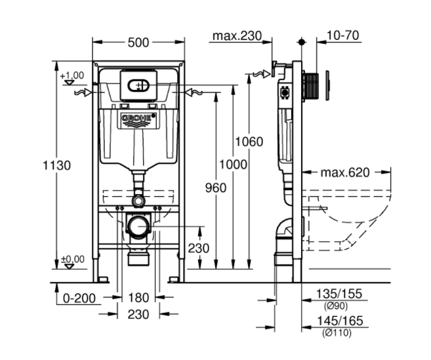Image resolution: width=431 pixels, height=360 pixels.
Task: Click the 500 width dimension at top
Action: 139,42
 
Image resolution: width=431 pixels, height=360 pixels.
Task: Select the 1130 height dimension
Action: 58,165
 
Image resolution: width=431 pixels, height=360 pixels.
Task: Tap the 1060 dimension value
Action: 249,142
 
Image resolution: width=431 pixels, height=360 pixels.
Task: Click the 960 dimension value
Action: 215,188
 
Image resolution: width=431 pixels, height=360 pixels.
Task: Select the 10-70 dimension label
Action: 342,35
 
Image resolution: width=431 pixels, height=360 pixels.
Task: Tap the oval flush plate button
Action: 138,85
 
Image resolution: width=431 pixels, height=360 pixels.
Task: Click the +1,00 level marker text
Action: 72,76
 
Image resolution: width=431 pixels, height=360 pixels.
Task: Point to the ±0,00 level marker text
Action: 72,260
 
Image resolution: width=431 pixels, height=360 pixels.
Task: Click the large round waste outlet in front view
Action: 138,227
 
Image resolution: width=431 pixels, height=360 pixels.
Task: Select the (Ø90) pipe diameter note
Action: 336,306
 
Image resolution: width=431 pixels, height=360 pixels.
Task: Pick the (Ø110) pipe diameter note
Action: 336,333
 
